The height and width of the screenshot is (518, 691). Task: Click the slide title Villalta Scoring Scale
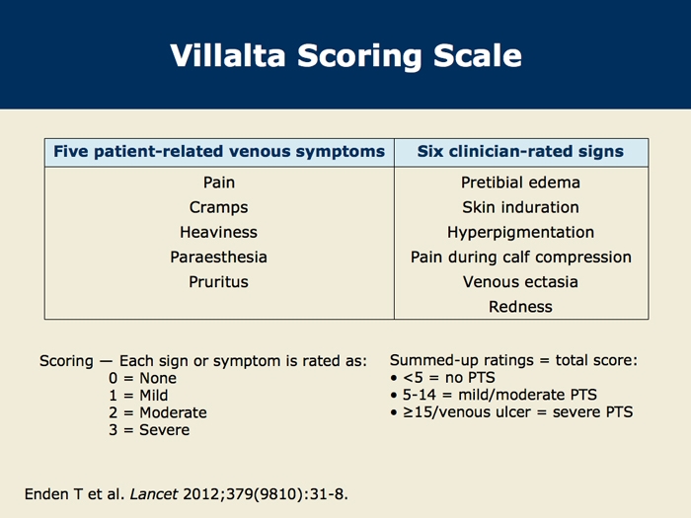pyautogui.click(x=345, y=55)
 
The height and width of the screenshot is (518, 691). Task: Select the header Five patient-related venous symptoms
pyautogui.click(x=219, y=152)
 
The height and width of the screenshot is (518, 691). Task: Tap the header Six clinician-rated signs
pyautogui.click(x=520, y=152)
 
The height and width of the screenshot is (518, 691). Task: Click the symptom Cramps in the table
pyautogui.click(x=218, y=207)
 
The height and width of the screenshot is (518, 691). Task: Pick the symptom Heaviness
pyautogui.click(x=218, y=232)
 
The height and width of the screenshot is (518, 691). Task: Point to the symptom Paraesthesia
pyautogui.click(x=218, y=257)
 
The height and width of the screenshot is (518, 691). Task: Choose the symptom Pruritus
pyautogui.click(x=218, y=282)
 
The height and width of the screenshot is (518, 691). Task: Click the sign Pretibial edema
pyautogui.click(x=520, y=183)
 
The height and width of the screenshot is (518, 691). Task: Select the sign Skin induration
pyautogui.click(x=520, y=207)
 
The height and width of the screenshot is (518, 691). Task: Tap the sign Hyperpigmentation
pyautogui.click(x=520, y=233)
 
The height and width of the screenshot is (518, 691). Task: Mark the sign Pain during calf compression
pyautogui.click(x=521, y=258)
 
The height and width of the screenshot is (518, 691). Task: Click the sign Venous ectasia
pyautogui.click(x=520, y=282)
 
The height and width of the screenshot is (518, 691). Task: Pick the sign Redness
pyautogui.click(x=520, y=307)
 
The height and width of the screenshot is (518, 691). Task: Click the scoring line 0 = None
pyautogui.click(x=142, y=378)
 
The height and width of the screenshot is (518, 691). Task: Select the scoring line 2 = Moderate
pyautogui.click(x=158, y=412)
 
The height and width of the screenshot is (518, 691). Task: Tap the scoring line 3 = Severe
pyautogui.click(x=149, y=430)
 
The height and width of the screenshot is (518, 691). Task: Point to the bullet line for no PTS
pyautogui.click(x=442, y=378)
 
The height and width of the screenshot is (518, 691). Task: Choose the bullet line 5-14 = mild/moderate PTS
pyautogui.click(x=494, y=395)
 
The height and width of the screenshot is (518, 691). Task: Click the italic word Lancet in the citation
pyautogui.click(x=154, y=494)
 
